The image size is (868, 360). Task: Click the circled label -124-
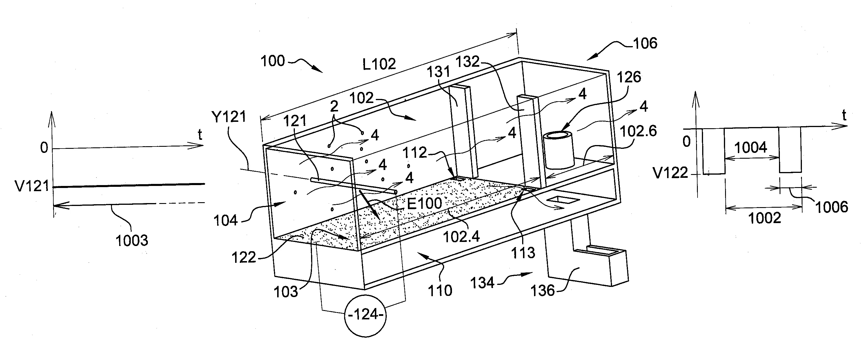(366, 315)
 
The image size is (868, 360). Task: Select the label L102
(379, 64)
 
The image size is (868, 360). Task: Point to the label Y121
(229, 117)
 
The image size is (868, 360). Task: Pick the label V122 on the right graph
(671, 173)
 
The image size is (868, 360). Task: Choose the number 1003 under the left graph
(132, 241)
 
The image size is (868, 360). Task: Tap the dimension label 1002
(765, 218)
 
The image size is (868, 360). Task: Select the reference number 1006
(831, 207)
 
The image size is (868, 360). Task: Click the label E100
(424, 203)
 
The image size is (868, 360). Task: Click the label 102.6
(638, 131)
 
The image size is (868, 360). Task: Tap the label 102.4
(461, 237)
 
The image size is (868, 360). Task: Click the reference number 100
(273, 61)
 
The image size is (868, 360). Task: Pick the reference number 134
(482, 283)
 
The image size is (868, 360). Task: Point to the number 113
(523, 252)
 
